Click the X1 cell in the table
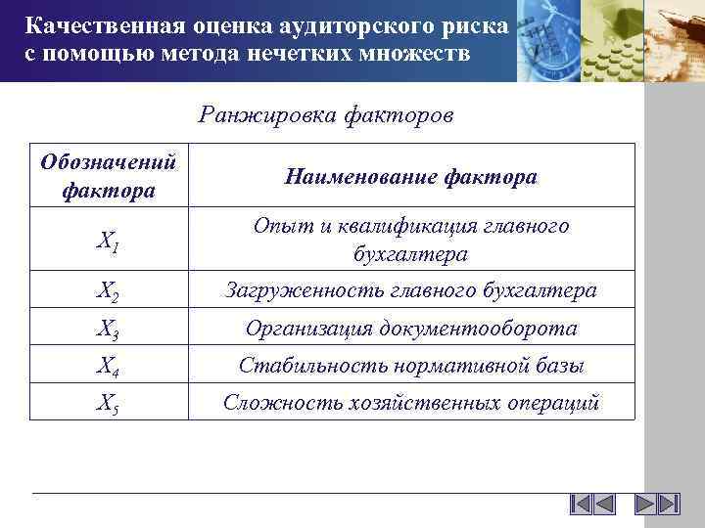[x=109, y=242]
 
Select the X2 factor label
[x=109, y=291]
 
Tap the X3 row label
[x=109, y=330]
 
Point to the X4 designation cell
[x=109, y=368]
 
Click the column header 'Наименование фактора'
[x=410, y=177]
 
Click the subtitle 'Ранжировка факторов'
[x=325, y=115]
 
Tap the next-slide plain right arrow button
[x=644, y=505]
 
